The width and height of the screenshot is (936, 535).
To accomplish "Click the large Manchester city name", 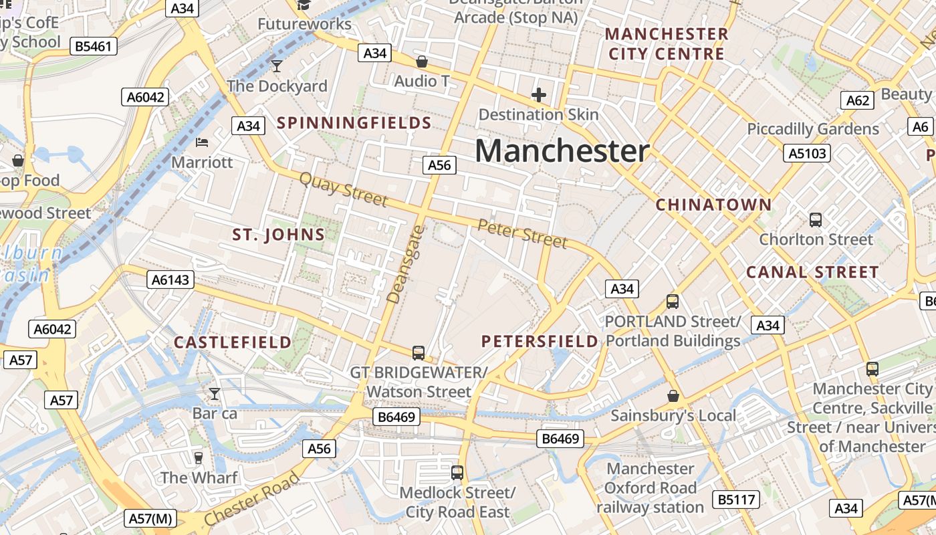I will tap(562, 151).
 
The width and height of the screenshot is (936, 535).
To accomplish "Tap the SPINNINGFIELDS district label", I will tap(354, 123).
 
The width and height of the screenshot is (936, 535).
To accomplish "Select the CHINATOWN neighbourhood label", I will tap(713, 205).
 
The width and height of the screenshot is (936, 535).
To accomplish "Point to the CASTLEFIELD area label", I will tap(233, 342).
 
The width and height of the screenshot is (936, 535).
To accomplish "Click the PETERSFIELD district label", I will tap(540, 342).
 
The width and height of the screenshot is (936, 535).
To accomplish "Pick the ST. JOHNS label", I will tap(278, 235).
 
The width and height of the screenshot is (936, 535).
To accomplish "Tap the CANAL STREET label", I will tap(812, 272).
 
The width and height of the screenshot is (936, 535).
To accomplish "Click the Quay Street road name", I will tap(343, 189).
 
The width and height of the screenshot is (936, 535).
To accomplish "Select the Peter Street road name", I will tap(522, 233).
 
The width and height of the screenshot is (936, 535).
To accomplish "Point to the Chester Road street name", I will tap(251, 499).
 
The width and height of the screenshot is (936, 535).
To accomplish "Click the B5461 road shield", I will tap(94, 46).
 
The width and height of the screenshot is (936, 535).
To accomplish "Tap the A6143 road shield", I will tap(170, 280).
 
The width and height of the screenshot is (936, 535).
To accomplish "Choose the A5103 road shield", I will tap(807, 154).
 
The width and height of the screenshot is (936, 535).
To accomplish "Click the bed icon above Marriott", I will tap(202, 142).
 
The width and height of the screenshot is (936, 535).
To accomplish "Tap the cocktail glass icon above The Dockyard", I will tap(277, 66).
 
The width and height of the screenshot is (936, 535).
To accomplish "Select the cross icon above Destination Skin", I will tap(538, 95).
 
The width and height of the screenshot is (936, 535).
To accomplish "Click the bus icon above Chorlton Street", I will tap(815, 219).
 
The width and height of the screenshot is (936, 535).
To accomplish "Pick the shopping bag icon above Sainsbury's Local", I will tap(673, 396).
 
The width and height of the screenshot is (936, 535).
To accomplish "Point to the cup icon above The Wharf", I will tap(198, 457).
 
